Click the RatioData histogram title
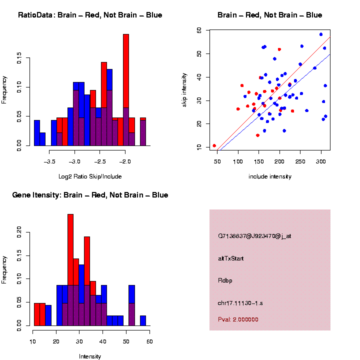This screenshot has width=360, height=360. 90,15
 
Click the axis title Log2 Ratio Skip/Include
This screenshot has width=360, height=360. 90,176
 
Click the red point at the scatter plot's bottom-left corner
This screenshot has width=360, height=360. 214,146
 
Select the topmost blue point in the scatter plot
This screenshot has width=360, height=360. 321,34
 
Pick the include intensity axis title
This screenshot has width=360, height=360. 270,176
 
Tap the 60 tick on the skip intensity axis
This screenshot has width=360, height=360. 199,30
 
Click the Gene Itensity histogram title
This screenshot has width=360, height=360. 90,195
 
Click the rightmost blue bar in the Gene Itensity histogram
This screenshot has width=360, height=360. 143,320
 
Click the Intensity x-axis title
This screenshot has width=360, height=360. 90,356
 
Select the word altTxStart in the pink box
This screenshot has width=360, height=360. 231,258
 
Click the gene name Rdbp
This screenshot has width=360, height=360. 225,280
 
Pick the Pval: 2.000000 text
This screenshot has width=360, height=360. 238,319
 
